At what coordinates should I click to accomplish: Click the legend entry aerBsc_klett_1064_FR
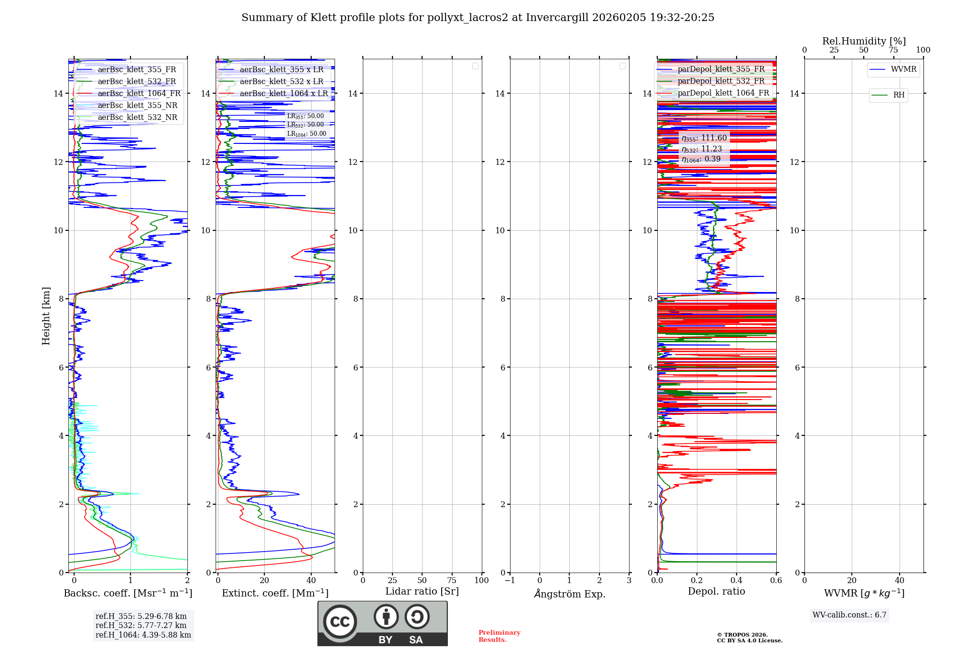coord(139,94)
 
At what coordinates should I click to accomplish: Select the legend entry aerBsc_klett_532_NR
coord(137,118)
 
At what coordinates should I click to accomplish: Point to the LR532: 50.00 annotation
coord(305,125)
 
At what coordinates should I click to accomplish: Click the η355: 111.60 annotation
coord(704,138)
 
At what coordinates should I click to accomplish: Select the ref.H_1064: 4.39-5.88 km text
coord(143,635)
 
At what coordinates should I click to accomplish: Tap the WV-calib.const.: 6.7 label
coord(849,615)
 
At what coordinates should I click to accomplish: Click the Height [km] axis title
coord(46,316)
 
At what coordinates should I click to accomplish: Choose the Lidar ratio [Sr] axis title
coord(422,592)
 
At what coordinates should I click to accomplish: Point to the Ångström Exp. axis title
coord(570,594)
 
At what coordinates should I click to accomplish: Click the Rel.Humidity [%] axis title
coord(864,41)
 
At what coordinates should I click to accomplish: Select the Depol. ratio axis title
coord(716,592)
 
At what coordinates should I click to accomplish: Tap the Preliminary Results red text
coord(499,636)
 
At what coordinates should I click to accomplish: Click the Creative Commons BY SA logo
coord(382,623)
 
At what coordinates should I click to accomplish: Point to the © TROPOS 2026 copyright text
coord(742,635)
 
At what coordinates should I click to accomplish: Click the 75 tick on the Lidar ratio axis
coord(452,581)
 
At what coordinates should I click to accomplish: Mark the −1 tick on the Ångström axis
coord(510,581)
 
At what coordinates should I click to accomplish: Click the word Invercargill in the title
coord(557,18)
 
